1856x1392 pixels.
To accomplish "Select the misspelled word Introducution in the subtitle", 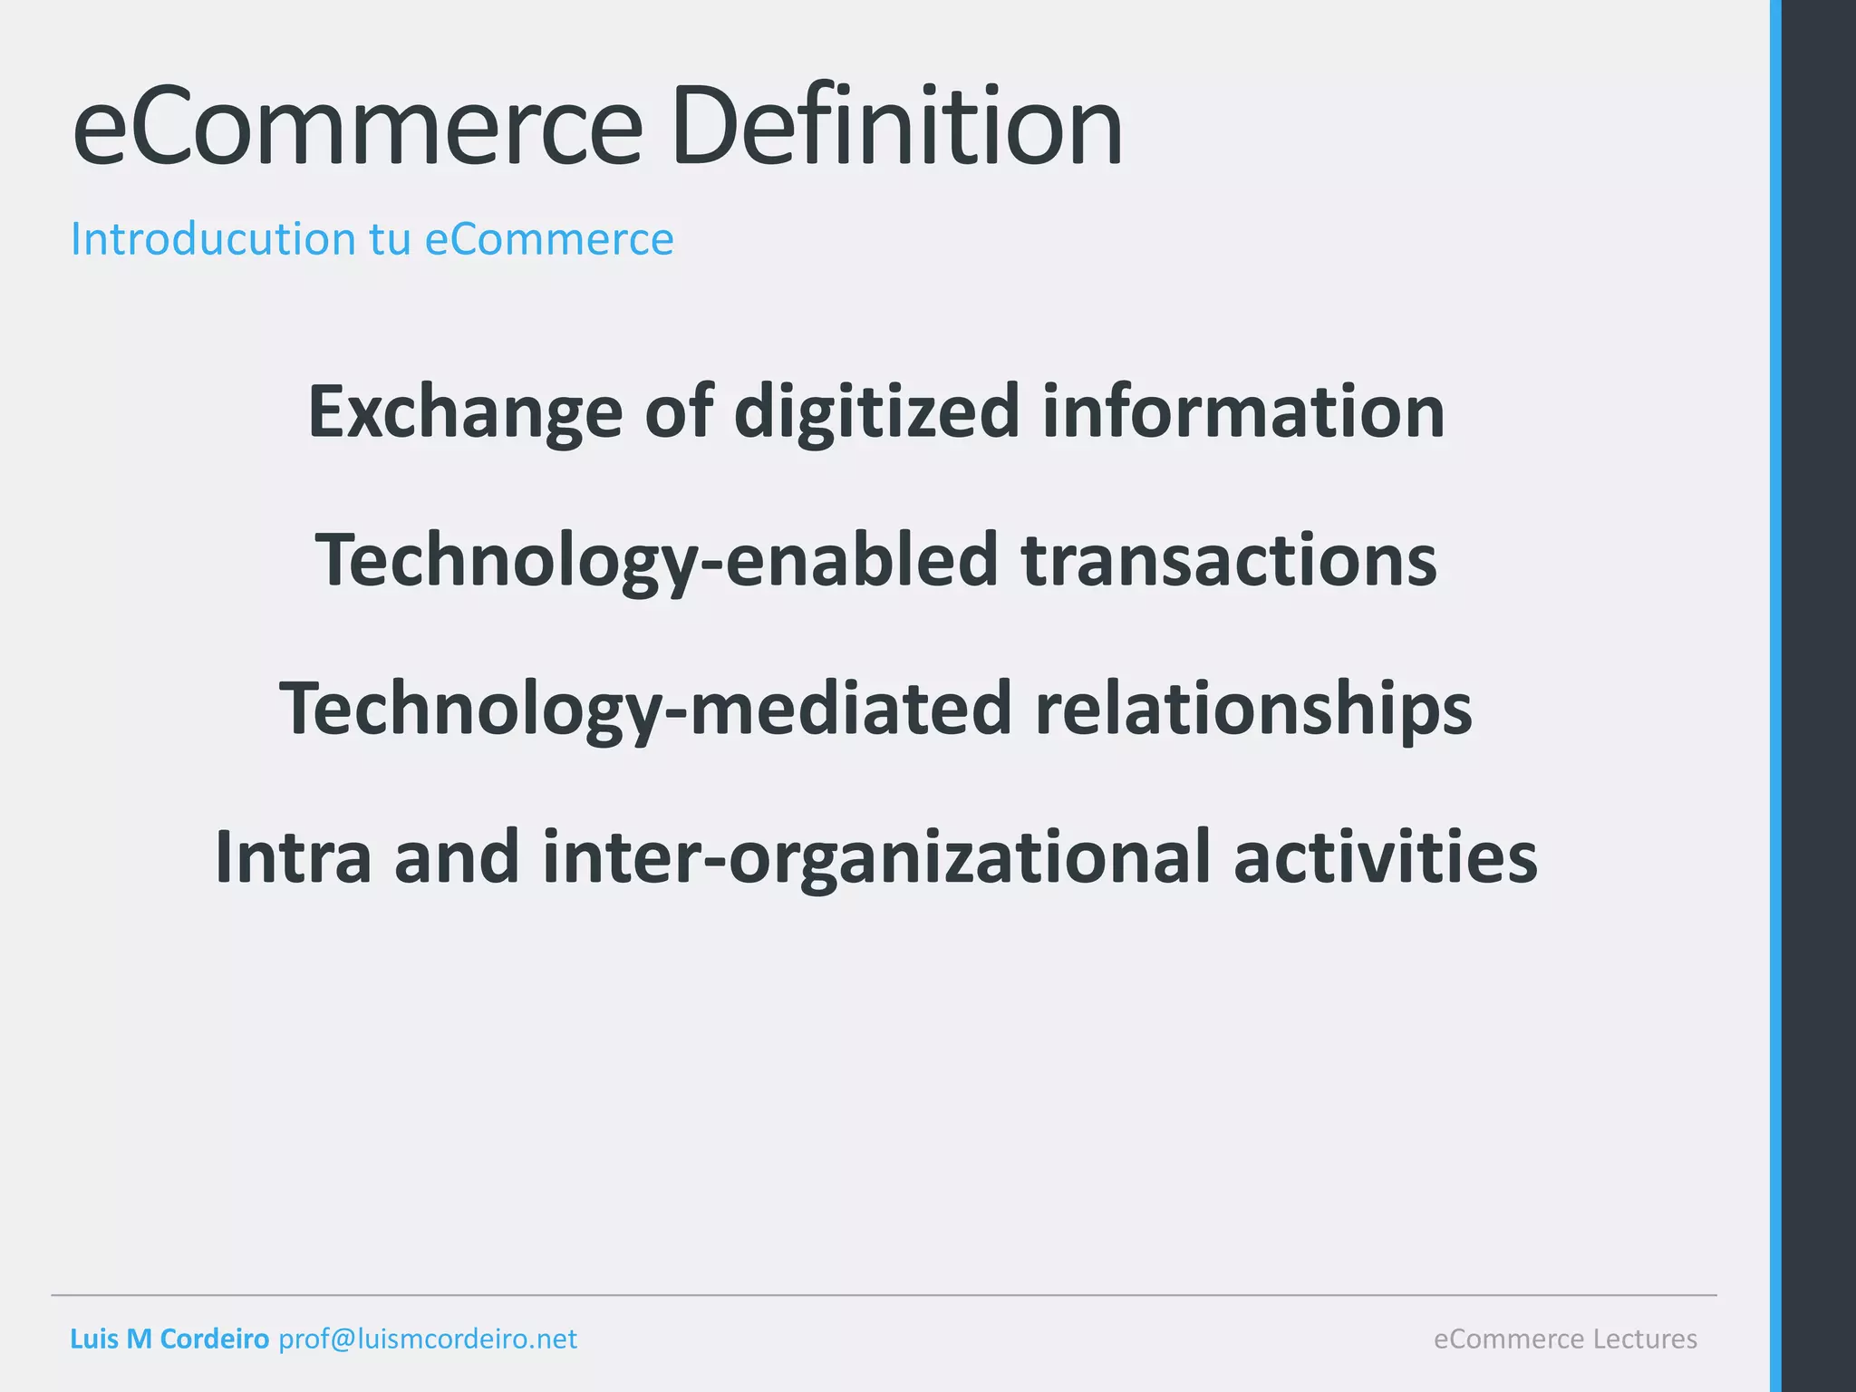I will point(213,239).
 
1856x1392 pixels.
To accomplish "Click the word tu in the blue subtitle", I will point(390,239).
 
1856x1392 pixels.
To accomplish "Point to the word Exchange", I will point(465,412).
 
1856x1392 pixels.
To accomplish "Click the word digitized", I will point(876,412).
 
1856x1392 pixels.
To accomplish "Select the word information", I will point(1243,412).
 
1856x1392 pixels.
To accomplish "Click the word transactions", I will point(1229,560).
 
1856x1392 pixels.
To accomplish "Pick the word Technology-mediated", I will point(645,709).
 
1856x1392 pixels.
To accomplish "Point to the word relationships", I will point(1253,709).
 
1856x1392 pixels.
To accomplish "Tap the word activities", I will point(1385,857).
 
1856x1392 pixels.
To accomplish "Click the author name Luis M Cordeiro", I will point(169,1339).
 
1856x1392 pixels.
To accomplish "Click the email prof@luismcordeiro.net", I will point(427,1339).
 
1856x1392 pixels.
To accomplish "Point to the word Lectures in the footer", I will point(1645,1339).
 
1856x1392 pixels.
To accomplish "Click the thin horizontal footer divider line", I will point(884,1295).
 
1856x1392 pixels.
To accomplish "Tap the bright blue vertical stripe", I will point(1775,696).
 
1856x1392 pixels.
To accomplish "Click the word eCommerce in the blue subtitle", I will point(549,239).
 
